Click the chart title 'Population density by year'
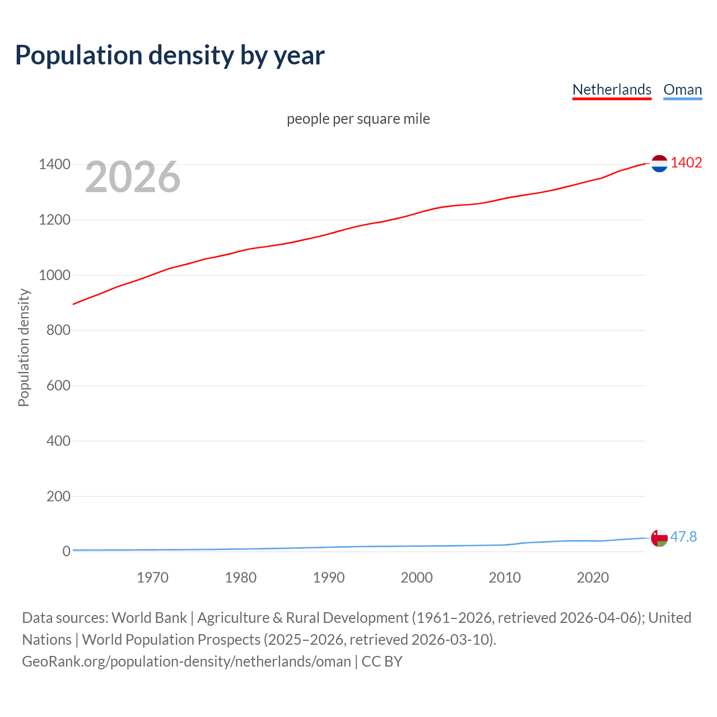[170, 55]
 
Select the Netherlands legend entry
[612, 90]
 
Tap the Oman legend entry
[682, 90]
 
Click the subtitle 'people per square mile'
[358, 119]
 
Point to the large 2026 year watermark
[133, 177]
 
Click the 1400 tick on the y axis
[54, 165]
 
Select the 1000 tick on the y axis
[54, 275]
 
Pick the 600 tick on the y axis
[58, 385]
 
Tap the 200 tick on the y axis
[58, 496]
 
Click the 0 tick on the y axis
[66, 551]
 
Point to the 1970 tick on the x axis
[152, 578]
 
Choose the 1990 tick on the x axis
[329, 578]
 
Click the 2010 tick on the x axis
[505, 578]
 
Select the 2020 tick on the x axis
[593, 578]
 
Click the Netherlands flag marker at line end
[659, 164]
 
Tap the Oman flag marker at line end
[659, 538]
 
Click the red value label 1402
[686, 162]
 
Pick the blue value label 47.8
[683, 537]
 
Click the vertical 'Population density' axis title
[24, 347]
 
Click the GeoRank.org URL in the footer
[186, 662]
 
